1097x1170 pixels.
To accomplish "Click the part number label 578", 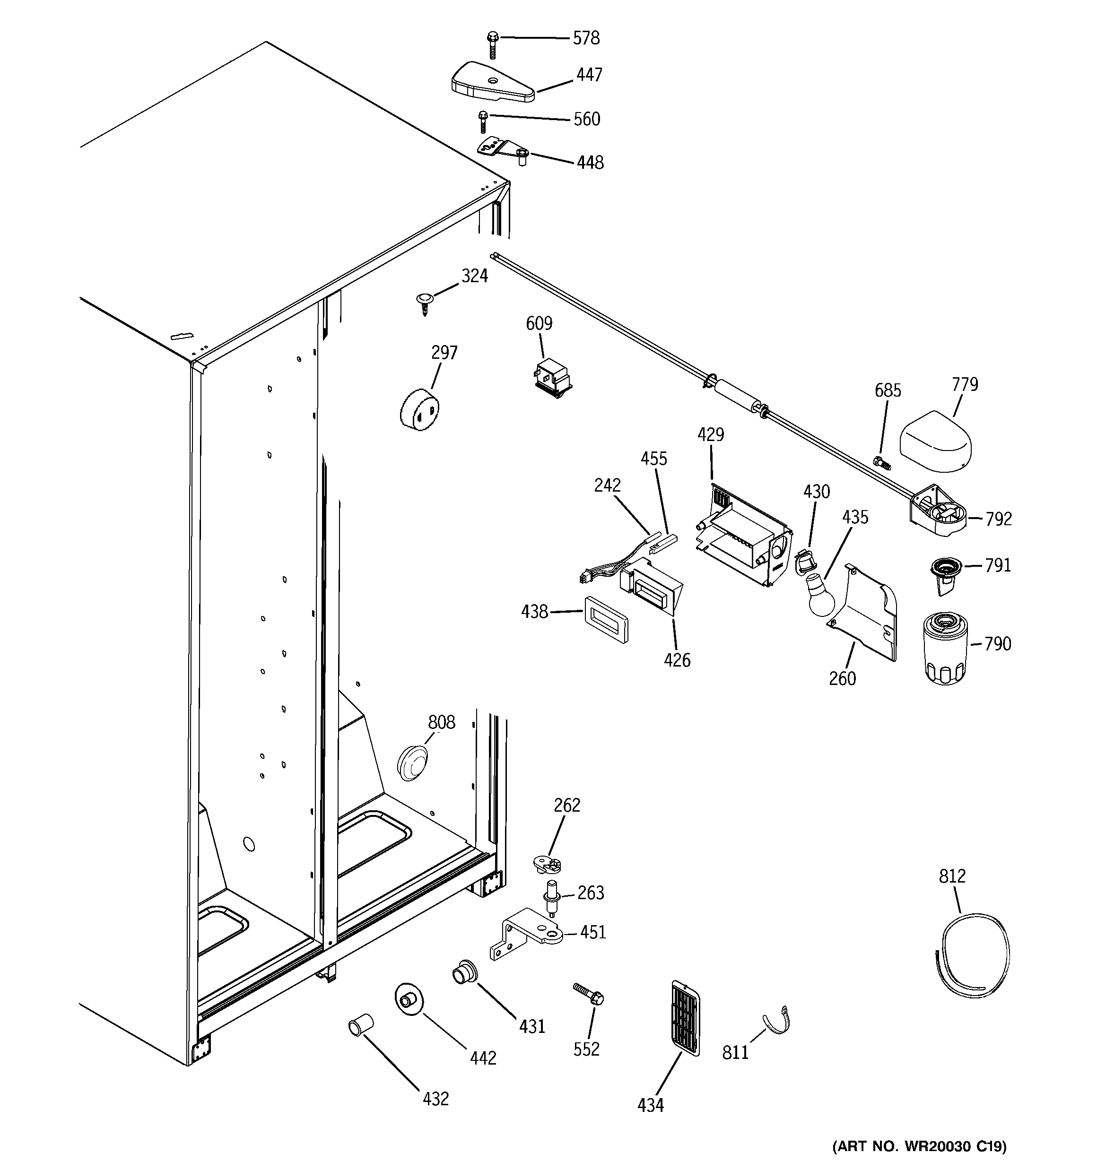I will [x=586, y=38].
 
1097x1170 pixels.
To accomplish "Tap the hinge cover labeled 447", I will [x=492, y=82].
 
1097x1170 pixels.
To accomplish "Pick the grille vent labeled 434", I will [x=686, y=1019].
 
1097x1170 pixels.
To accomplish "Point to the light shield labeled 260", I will [x=866, y=612].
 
